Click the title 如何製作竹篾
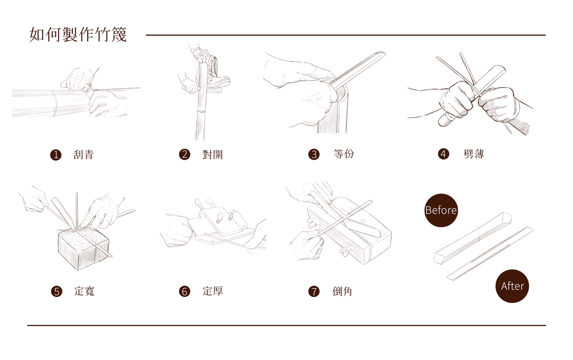click(78, 34)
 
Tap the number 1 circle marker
click(56, 155)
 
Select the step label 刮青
click(84, 155)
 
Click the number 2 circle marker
click(184, 155)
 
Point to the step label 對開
click(212, 155)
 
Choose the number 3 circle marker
click(314, 155)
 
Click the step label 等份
click(344, 154)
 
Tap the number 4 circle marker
click(444, 154)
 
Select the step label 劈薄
click(474, 154)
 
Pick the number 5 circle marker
click(56, 291)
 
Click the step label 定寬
click(85, 291)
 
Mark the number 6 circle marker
click(184, 291)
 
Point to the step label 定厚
click(213, 291)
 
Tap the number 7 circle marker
click(314, 291)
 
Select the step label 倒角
click(342, 291)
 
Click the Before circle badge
click(441, 211)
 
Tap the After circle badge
click(512, 286)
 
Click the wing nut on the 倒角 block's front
click(346, 249)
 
